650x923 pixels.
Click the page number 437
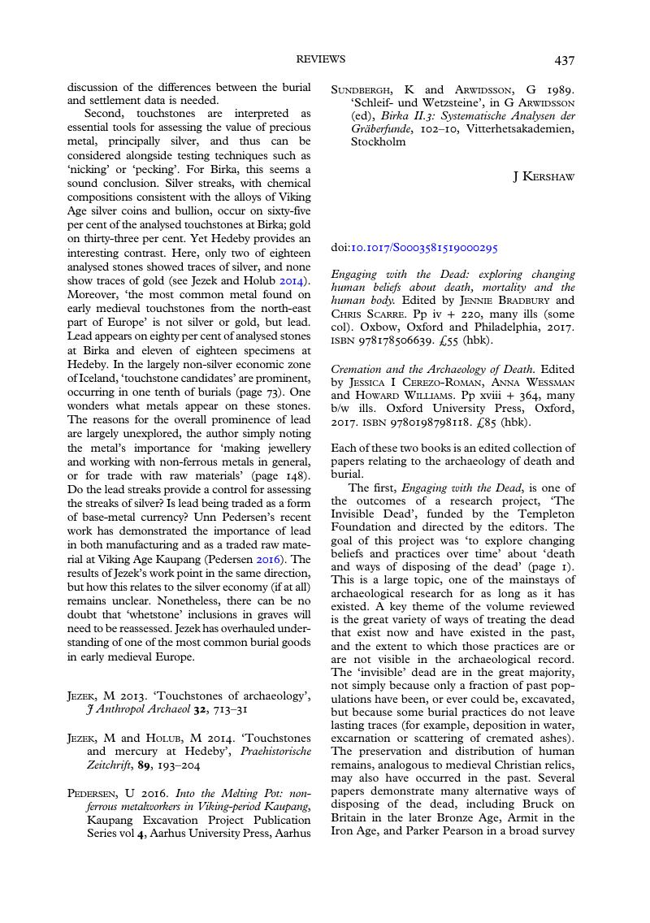(x=565, y=60)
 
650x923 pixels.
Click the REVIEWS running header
(x=321, y=59)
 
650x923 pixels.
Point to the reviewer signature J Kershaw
(x=544, y=176)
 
